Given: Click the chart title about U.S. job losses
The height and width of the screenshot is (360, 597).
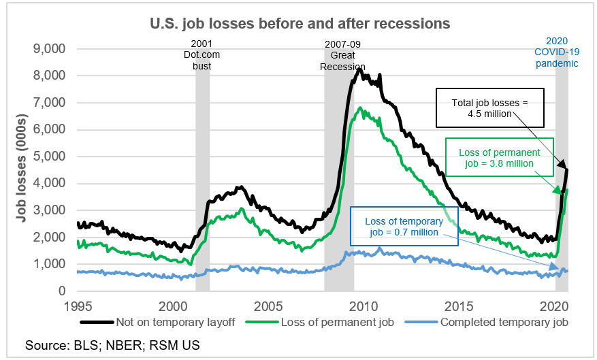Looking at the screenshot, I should pos(300,23).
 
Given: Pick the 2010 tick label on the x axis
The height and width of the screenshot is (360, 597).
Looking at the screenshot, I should pos(365,305).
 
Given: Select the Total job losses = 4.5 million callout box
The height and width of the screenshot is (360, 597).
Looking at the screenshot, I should pos(490,108).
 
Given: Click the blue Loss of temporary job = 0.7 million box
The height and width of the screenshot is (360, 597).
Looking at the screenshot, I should pos(404,226).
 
